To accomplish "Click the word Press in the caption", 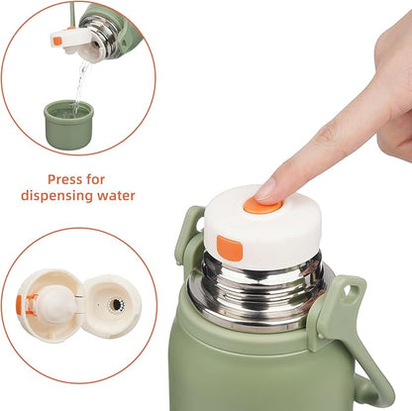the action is [x=66, y=179].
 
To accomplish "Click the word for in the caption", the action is [x=96, y=179].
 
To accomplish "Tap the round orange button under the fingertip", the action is [x=262, y=206].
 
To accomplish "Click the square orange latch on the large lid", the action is [x=230, y=249].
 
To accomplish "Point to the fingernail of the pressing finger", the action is [x=264, y=190].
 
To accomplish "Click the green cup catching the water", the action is [x=68, y=125].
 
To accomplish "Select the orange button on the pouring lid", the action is [x=57, y=41].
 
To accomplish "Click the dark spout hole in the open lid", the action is [x=115, y=304].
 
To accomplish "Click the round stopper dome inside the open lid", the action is [x=55, y=304].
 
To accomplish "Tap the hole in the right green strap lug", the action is [x=350, y=291].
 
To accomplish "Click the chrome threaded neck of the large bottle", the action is [x=257, y=290].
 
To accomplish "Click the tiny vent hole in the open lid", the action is [x=98, y=303].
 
